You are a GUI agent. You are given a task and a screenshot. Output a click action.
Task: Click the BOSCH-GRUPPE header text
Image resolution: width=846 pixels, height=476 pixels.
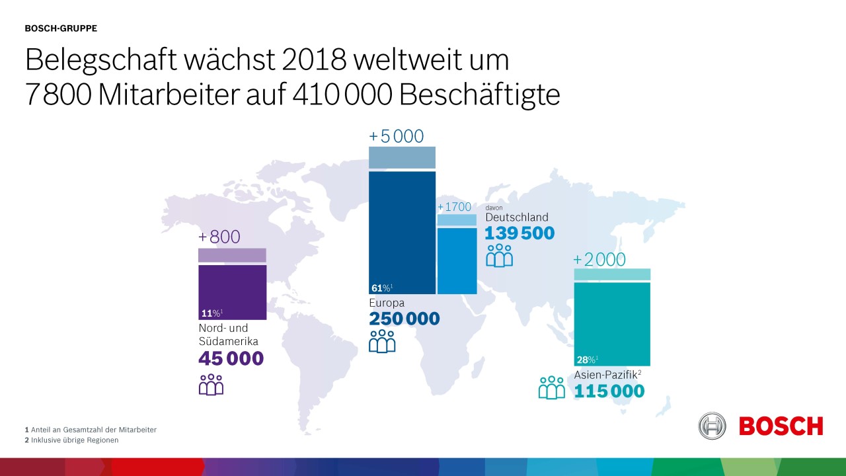pyautogui.click(x=61, y=28)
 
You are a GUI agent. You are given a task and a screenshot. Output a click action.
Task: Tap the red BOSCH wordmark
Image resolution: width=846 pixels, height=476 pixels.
pyautogui.click(x=781, y=426)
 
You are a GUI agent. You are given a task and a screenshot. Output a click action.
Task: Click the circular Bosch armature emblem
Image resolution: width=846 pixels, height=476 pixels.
pyautogui.click(x=712, y=426)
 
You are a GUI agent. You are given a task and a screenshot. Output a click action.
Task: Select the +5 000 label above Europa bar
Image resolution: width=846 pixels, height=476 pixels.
pyautogui.click(x=396, y=136)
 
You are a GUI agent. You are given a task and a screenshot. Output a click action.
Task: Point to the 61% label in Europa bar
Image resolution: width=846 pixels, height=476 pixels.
pyautogui.click(x=381, y=288)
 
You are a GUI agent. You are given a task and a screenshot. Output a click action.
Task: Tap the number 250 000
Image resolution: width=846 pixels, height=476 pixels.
pyautogui.click(x=404, y=319)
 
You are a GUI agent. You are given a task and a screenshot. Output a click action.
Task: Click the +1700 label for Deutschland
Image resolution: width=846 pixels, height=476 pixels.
pyautogui.click(x=455, y=207)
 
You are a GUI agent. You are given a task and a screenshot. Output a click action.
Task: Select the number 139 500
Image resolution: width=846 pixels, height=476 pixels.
pyautogui.click(x=519, y=233)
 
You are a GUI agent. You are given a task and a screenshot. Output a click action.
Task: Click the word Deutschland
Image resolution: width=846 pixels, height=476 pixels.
pyautogui.click(x=517, y=217)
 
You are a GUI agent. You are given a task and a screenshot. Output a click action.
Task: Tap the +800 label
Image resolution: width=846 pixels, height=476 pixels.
pyautogui.click(x=219, y=237)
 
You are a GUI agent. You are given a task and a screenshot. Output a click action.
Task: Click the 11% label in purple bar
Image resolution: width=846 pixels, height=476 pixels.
pyautogui.click(x=211, y=313)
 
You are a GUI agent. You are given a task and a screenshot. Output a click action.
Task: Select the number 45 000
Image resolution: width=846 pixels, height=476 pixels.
pyautogui.click(x=231, y=359)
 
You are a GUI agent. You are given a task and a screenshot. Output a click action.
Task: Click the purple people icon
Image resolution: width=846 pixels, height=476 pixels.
pyautogui.click(x=211, y=384)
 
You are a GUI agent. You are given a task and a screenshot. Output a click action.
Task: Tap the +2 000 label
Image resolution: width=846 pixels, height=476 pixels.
pyautogui.click(x=599, y=260)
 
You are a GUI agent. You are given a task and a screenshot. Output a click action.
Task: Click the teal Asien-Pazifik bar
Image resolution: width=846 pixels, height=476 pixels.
pyautogui.click(x=612, y=321)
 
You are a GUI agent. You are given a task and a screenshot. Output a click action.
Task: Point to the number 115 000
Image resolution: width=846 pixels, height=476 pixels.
pyautogui.click(x=609, y=391)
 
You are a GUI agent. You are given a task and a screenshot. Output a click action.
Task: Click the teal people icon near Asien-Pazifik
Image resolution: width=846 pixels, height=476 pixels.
pyautogui.click(x=552, y=387)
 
